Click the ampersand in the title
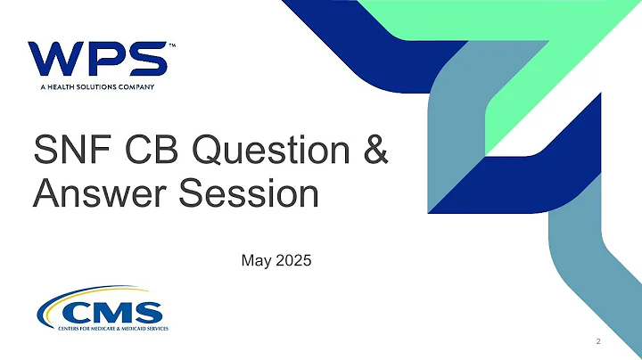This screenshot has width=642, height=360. pyautogui.click(x=374, y=151)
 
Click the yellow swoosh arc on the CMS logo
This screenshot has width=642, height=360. pyautogui.click(x=67, y=303)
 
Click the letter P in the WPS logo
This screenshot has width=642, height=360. pyautogui.click(x=107, y=59)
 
